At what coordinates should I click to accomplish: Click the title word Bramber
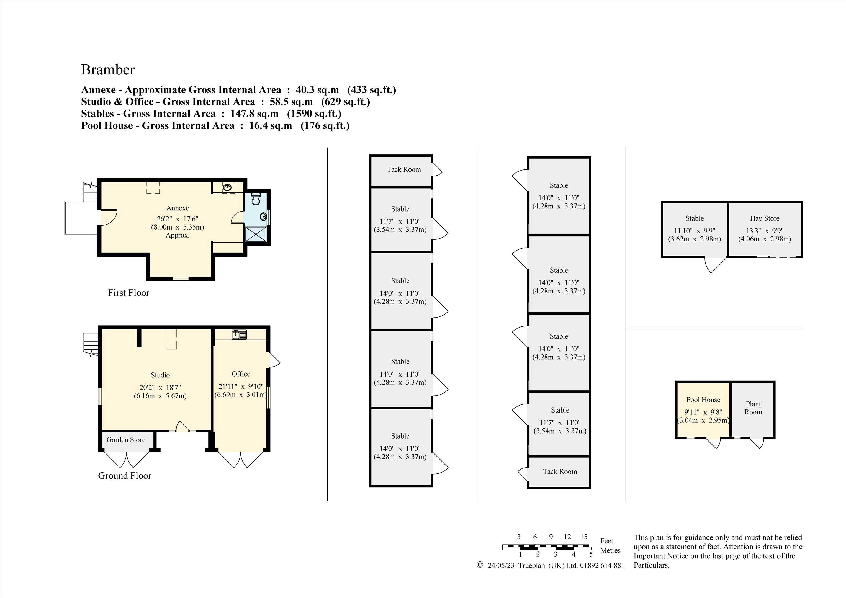point(108,70)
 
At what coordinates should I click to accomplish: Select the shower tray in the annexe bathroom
point(256,234)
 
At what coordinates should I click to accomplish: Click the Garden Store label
point(126,440)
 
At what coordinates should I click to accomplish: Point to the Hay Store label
point(765,218)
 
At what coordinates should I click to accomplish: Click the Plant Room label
point(753,408)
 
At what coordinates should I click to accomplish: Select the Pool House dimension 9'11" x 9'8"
point(703,412)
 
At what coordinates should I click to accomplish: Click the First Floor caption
point(128,293)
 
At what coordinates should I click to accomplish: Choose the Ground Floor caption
point(125,476)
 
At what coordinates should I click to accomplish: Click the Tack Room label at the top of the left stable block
point(403,169)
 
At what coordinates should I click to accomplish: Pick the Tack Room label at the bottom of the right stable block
point(560,472)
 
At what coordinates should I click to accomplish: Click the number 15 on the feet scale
point(584,537)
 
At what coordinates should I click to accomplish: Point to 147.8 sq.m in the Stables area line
point(254,114)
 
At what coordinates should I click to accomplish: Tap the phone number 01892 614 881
point(602,565)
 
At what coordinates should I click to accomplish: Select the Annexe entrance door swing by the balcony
point(109,217)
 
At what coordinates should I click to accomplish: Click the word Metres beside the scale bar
point(610,550)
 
